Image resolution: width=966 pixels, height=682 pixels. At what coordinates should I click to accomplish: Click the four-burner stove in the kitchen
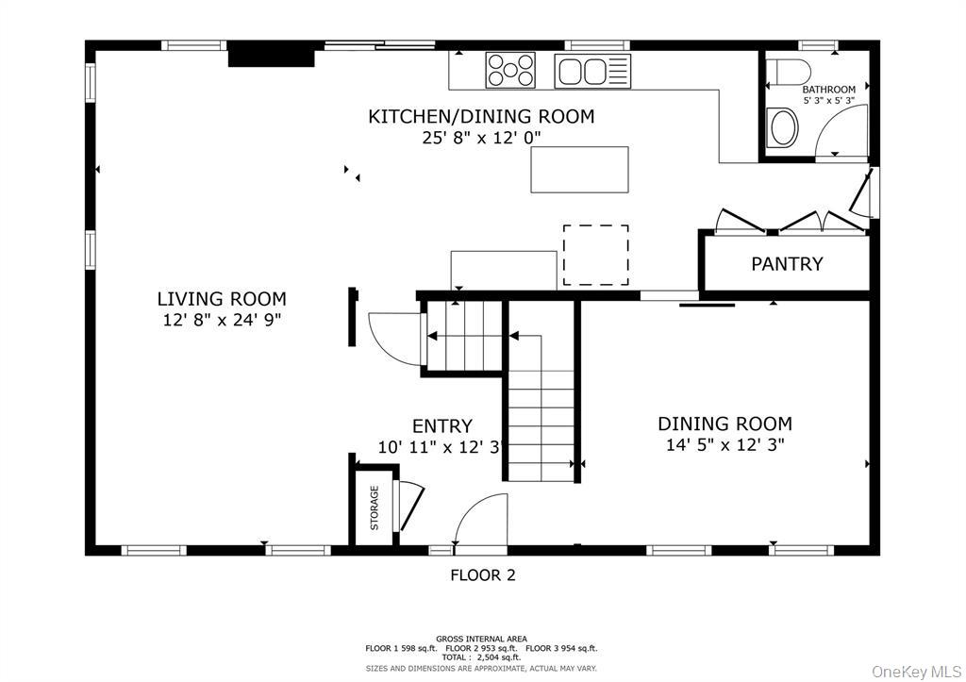[x=509, y=71]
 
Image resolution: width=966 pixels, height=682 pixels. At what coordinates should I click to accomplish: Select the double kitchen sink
[x=591, y=71]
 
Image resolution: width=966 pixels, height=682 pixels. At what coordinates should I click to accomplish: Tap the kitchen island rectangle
[x=579, y=170]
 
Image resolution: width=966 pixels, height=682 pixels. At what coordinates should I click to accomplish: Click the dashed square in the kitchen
[x=595, y=255]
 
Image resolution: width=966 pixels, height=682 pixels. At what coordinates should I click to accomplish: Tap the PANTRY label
[x=787, y=264]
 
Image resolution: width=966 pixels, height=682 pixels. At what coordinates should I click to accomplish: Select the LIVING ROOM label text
[x=222, y=299]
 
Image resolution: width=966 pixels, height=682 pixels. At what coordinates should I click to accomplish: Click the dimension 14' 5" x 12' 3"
[x=724, y=445]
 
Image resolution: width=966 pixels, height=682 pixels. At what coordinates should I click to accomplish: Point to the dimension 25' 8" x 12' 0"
[x=481, y=138]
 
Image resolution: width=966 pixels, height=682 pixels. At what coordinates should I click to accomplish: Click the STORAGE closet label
[x=375, y=507]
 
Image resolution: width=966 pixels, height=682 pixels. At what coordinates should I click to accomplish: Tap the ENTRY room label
[x=442, y=426]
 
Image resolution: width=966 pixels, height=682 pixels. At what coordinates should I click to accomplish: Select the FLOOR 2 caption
[x=482, y=574]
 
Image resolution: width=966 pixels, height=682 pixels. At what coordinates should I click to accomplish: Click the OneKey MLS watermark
[x=914, y=671]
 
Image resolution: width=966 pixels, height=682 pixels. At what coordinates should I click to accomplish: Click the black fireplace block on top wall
[x=271, y=56]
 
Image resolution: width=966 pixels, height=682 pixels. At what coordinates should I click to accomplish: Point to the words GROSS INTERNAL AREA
[x=481, y=639]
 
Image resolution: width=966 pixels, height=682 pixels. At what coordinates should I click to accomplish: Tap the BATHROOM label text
[x=829, y=90]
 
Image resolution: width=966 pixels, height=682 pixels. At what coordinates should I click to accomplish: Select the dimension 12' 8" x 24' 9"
[x=222, y=321]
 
